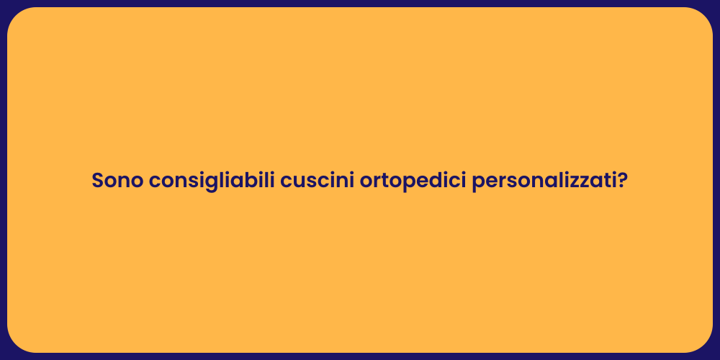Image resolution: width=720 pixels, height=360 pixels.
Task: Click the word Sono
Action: (117, 181)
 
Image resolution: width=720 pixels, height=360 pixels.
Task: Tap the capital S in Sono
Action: (98, 181)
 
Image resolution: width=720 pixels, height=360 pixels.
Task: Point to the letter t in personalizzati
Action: (603, 181)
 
